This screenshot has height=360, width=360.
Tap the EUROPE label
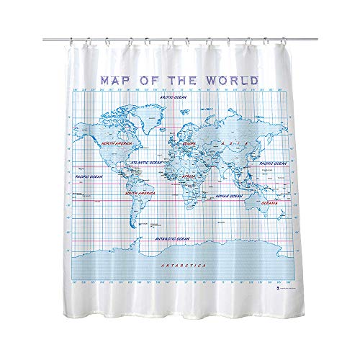coord(189,143)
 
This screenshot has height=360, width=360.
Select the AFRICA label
coord(188,175)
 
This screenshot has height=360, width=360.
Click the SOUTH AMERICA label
coord(141,193)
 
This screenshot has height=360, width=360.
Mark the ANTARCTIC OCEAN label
coord(173,234)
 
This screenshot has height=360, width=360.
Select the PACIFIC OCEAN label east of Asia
coord(274,163)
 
